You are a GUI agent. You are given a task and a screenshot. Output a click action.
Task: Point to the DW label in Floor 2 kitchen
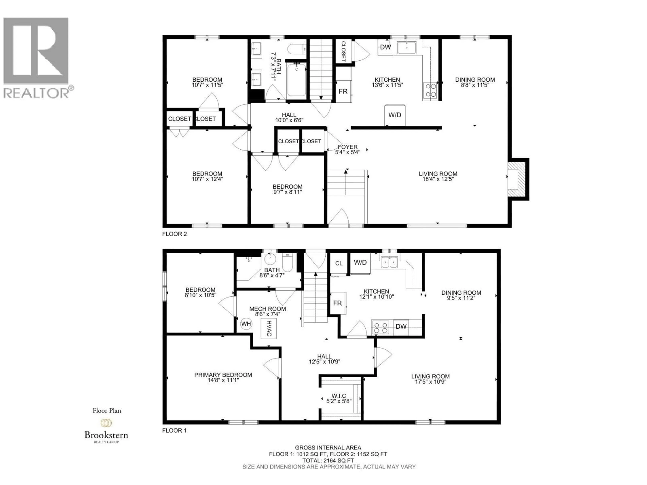(386, 47)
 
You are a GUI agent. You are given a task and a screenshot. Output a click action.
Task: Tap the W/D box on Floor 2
(395, 115)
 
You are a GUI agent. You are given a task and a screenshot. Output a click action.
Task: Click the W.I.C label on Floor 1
(339, 396)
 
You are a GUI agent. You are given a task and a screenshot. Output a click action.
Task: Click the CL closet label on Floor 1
(339, 263)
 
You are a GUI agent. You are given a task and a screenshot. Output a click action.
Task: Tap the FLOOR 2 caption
(174, 234)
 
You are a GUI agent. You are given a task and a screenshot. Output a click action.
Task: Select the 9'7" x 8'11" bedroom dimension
(287, 192)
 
